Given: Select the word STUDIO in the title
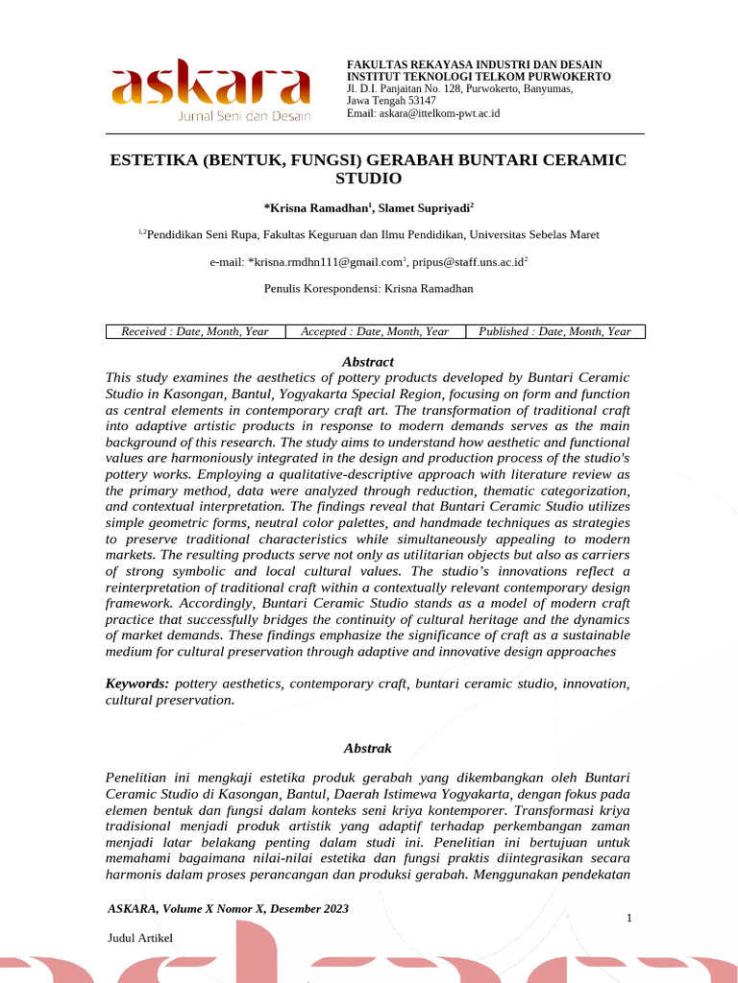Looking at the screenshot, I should [368, 179].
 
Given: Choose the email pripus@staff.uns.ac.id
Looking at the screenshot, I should [468, 261].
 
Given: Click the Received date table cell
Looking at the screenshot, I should [195, 331].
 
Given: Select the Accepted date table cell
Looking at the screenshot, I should [375, 331].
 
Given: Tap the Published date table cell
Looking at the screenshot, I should [554, 331].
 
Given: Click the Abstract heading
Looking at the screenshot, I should [368, 362].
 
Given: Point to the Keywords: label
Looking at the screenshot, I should [137, 683].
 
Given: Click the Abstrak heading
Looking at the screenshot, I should [368, 748].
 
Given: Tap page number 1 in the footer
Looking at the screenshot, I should [628, 919].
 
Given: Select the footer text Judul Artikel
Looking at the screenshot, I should [140, 937].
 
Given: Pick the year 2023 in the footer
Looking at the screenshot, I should [334, 908].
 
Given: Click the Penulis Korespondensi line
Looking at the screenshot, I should [368, 288].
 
